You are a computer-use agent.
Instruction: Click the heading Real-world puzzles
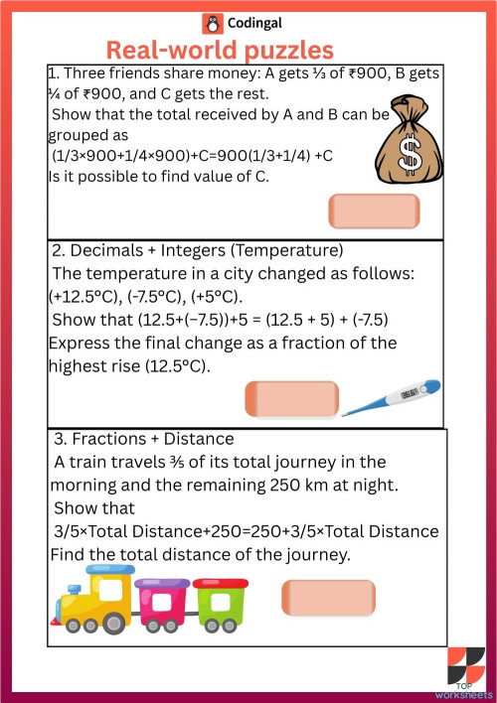[x=220, y=51]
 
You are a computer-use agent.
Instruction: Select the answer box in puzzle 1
[x=373, y=211]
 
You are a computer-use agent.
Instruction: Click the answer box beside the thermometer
[x=291, y=398]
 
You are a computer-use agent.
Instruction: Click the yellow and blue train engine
[x=92, y=599]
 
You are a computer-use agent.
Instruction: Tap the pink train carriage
[x=163, y=602]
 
